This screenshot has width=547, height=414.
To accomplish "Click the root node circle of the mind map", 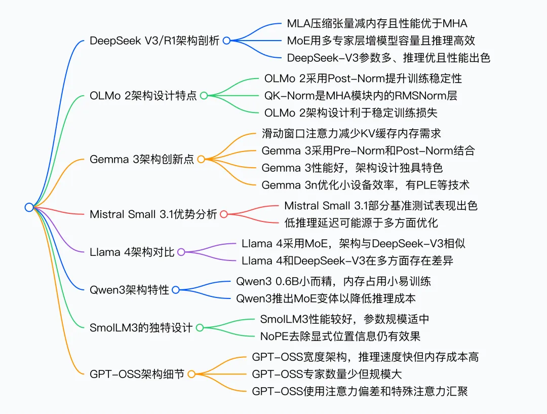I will point(29,207).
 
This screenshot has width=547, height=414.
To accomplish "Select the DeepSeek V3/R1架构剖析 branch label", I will point(154,41).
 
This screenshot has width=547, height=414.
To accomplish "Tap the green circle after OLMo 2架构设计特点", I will point(204,95).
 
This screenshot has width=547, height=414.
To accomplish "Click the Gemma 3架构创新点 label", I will point(142,159).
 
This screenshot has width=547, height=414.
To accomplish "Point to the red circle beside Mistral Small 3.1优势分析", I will point(224,214).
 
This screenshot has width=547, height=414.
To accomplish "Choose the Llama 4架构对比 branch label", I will point(132,252).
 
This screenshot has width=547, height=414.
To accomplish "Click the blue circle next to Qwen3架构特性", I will point(176,290).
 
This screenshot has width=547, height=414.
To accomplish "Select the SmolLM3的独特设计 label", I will point(141,328).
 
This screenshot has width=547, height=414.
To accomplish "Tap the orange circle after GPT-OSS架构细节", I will point(191,374).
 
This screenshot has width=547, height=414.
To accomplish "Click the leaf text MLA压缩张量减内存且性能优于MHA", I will point(377,23).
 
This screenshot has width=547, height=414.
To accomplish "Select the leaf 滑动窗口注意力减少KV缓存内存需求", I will point(351,133).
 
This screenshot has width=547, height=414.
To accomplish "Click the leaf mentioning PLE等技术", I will point(366,185).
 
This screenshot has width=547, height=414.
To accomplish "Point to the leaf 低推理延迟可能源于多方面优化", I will point(361,222).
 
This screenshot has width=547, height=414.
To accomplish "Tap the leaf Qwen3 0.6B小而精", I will point(334,281).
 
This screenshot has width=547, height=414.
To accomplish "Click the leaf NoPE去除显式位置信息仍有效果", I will point(340,336).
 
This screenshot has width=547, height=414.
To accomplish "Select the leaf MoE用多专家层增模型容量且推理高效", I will point(381,41).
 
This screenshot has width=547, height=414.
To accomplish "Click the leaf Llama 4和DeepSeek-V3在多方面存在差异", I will point(347,260).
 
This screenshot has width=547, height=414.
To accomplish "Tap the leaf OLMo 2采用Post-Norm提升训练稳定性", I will point(363,79).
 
